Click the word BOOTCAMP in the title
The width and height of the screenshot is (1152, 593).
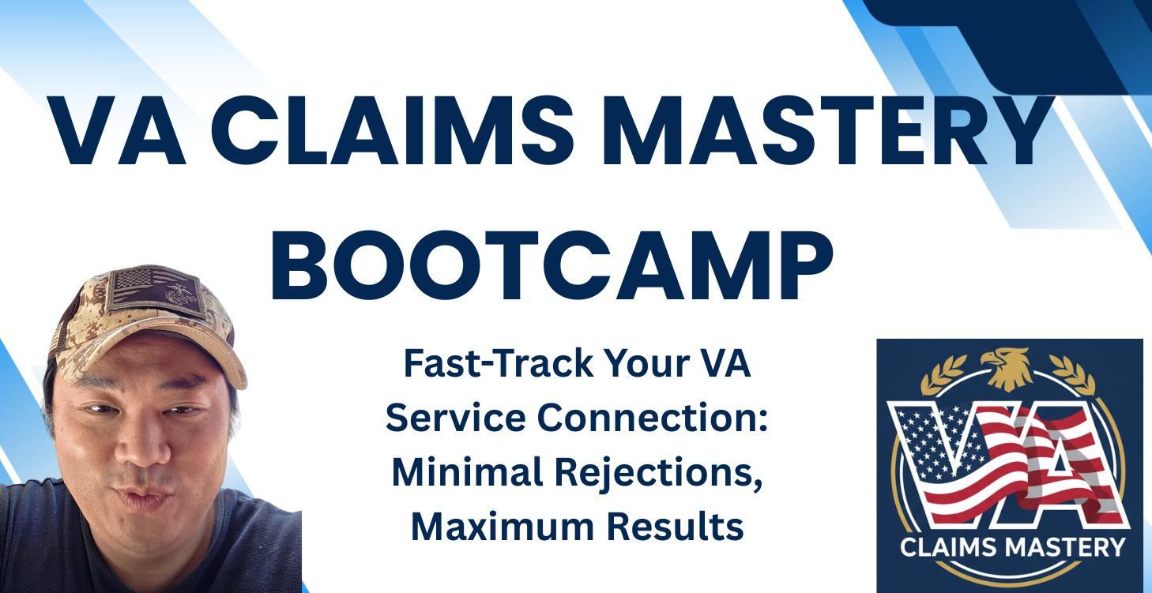552,265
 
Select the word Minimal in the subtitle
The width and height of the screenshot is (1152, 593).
461,473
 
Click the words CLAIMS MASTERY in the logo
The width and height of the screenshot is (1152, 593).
1014,546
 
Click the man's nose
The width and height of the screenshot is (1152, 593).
140,449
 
